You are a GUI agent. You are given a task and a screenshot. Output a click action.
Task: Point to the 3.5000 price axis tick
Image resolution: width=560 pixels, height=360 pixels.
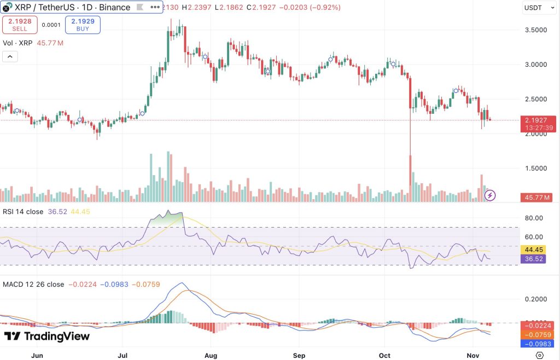[536, 30]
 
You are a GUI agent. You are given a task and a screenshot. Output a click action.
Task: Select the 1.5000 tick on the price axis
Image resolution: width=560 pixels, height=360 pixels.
[536, 168]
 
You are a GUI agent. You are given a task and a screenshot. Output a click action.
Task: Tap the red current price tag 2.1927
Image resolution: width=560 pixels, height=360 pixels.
[538, 120]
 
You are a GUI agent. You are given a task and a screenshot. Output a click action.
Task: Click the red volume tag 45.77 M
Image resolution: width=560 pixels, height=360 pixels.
[538, 197]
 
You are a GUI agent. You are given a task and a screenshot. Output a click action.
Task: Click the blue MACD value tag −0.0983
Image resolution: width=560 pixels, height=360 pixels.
[538, 344]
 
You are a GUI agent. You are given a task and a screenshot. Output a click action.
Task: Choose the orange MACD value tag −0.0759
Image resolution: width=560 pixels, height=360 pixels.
[538, 334]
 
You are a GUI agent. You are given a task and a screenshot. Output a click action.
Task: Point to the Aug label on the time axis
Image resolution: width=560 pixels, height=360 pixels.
[211, 355]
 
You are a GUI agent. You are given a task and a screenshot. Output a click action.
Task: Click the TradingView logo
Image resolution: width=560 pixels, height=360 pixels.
[46, 336]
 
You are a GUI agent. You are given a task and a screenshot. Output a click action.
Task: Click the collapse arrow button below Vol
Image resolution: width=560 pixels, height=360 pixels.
[10, 56]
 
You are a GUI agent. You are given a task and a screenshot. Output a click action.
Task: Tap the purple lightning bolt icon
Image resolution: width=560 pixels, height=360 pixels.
[491, 194]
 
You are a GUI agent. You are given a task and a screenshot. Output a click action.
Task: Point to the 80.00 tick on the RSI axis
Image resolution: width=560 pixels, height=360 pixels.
[533, 218]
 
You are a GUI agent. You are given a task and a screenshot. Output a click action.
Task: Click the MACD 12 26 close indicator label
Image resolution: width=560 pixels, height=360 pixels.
[33, 284]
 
